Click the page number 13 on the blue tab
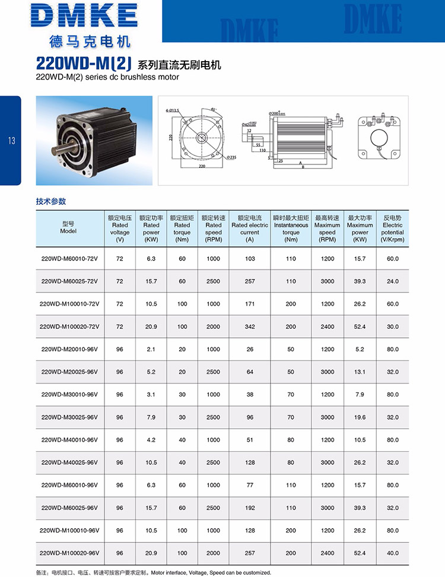pyautogui.click(x=11, y=141)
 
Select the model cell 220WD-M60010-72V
pyautogui.click(x=69, y=259)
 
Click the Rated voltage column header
pyautogui.click(x=120, y=229)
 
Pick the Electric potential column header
pyautogui.click(x=393, y=229)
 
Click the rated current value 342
pyautogui.click(x=250, y=326)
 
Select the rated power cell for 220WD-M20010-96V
pyautogui.click(x=151, y=349)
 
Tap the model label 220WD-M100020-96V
pyautogui.click(x=69, y=553)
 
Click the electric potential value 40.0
pyautogui.click(x=393, y=553)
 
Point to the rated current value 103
pyautogui.click(x=250, y=259)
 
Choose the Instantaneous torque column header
pyautogui.click(x=291, y=229)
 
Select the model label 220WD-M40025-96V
pyautogui.click(x=69, y=462)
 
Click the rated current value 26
pyautogui.click(x=250, y=349)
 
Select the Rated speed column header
pyautogui.click(x=213, y=229)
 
